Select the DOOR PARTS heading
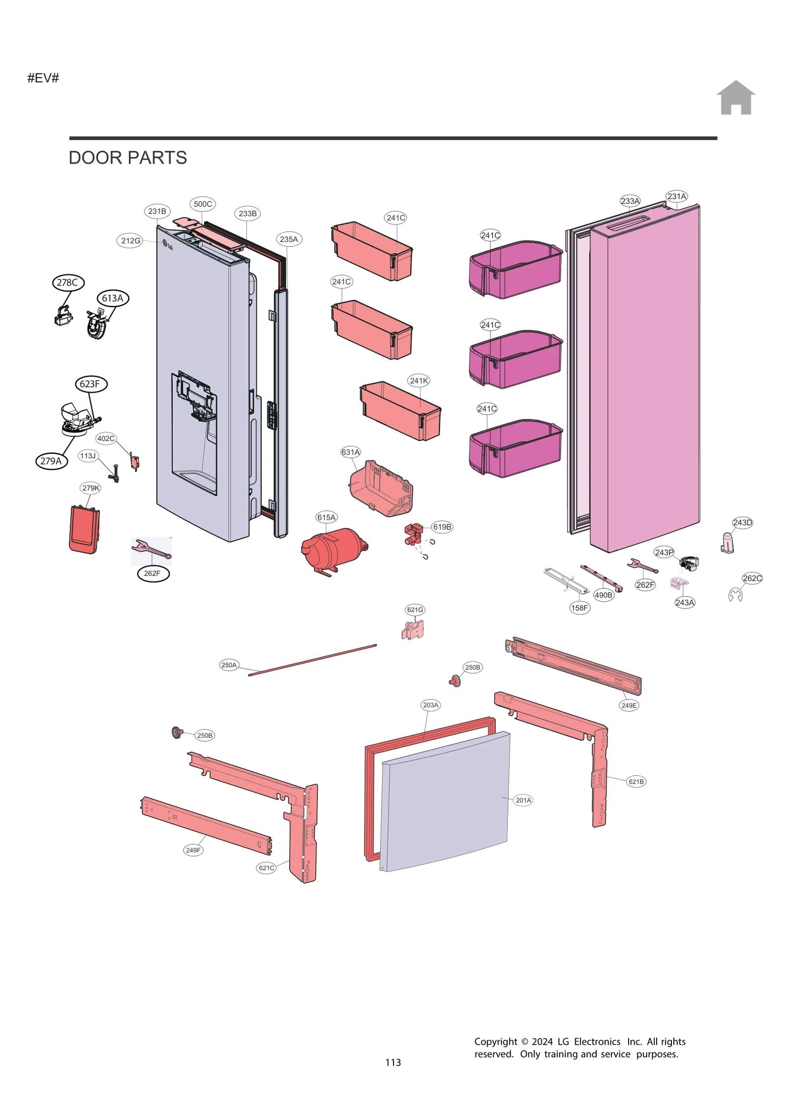(127, 158)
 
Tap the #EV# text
(43, 78)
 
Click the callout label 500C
(203, 204)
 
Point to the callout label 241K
(419, 381)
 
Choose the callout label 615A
(326, 517)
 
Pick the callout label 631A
(351, 452)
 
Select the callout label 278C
(68, 283)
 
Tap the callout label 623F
(91, 384)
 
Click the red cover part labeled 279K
(84, 530)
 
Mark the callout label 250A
(229, 665)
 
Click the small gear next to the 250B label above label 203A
(454, 681)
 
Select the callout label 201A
(523, 800)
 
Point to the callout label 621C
(266, 868)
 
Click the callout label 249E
(629, 705)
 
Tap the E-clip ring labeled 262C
(735, 595)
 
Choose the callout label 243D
(742, 522)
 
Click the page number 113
(393, 1062)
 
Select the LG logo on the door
(168, 245)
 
